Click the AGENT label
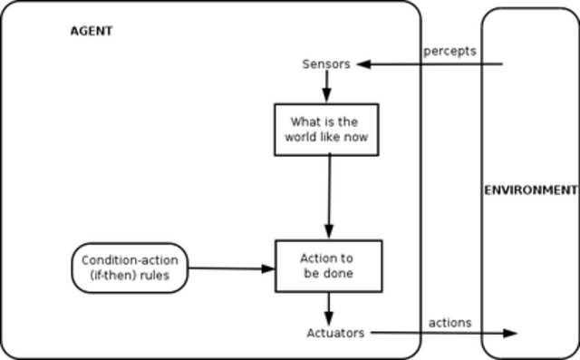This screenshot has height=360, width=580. pyautogui.click(x=92, y=31)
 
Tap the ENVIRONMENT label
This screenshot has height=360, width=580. pyautogui.click(x=530, y=190)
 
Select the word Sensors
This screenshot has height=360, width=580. pyautogui.click(x=325, y=64)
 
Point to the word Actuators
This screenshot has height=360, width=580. pyautogui.click(x=335, y=333)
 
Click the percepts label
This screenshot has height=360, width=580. pyautogui.click(x=449, y=51)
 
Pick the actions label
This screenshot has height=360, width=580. pyautogui.click(x=449, y=322)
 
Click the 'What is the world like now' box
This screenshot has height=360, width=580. pyautogui.click(x=325, y=129)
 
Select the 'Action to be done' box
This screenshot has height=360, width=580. pyautogui.click(x=327, y=266)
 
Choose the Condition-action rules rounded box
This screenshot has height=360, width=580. pyautogui.click(x=130, y=268)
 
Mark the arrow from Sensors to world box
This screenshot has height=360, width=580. pyautogui.click(x=326, y=87)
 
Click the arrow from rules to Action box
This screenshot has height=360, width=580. pyautogui.click(x=231, y=268)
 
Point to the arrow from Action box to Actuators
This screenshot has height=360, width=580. pyautogui.click(x=328, y=306)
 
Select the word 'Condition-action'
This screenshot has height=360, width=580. pyautogui.click(x=130, y=259)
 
